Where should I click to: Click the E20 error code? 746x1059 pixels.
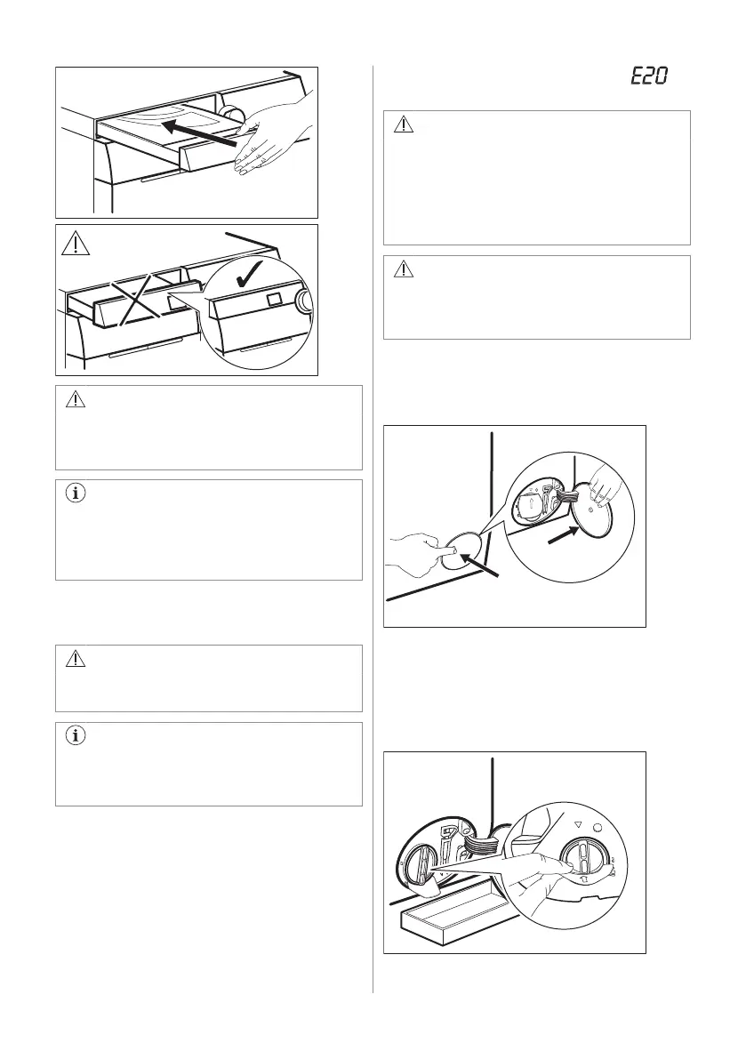649,75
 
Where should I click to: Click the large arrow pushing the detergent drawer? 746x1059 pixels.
201,133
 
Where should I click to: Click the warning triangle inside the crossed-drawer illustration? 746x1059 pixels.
76,243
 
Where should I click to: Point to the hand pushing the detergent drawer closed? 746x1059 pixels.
273,134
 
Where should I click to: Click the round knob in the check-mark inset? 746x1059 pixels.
304,302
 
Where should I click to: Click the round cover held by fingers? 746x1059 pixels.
592,510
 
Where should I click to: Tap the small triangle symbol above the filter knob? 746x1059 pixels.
577,824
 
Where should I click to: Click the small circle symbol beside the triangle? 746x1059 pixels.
598,827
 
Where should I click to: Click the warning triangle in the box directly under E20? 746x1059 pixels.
403,125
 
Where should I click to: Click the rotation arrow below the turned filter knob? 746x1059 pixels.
584,879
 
